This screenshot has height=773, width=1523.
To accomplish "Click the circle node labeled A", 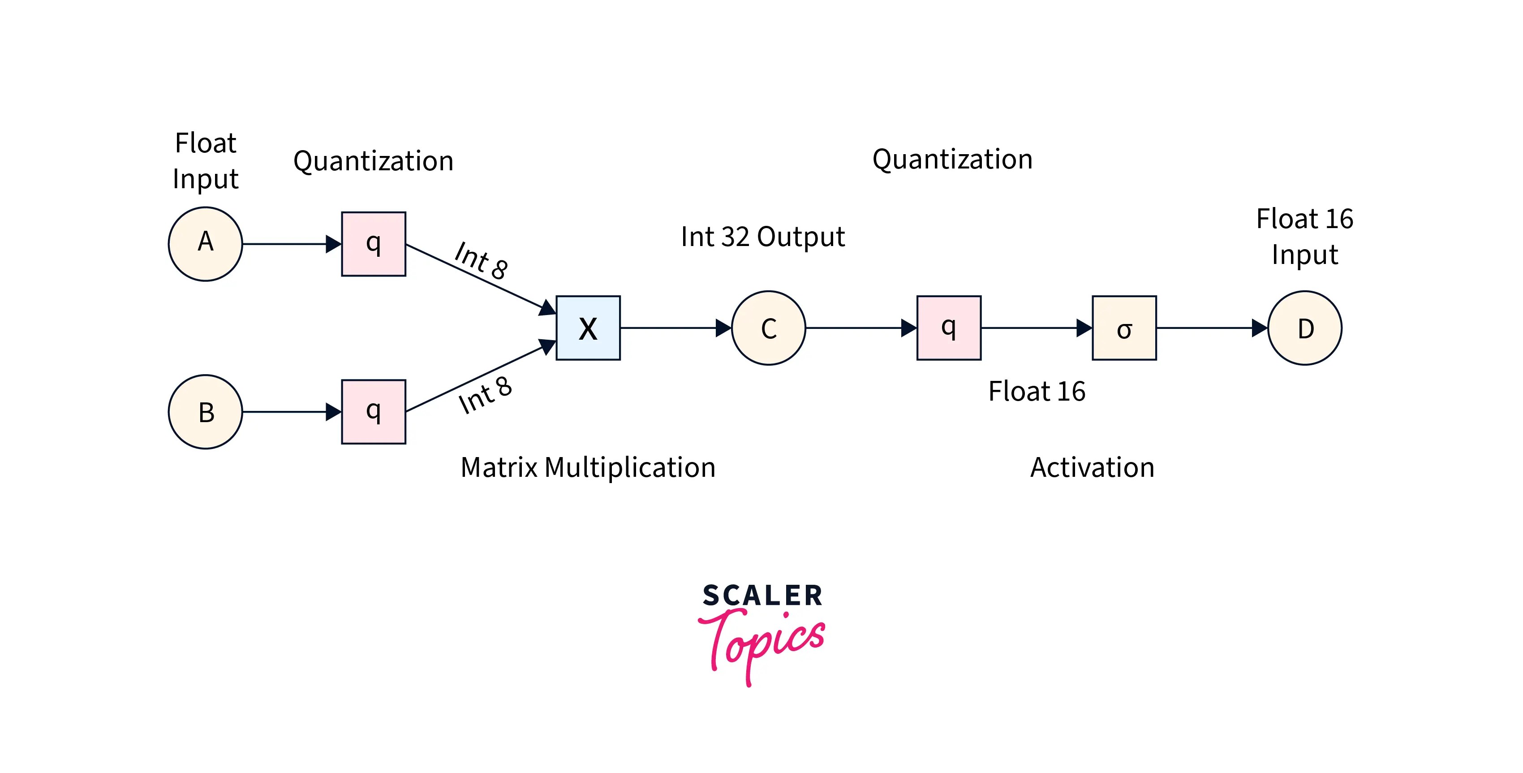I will pyautogui.click(x=205, y=244).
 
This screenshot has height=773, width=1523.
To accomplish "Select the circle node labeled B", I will pyautogui.click(x=205, y=412).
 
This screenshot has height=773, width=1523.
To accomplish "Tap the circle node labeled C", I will pyautogui.click(x=768, y=328).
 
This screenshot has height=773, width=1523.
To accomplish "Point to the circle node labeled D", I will pyautogui.click(x=1305, y=328).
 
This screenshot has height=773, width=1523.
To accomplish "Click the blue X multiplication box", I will pyautogui.click(x=588, y=328).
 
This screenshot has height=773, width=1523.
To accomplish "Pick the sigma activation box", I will pyautogui.click(x=1124, y=328).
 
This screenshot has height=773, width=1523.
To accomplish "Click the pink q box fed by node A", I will pyautogui.click(x=373, y=244).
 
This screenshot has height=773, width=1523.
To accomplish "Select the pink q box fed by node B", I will pyautogui.click(x=373, y=412).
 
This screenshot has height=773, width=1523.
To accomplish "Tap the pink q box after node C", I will pyautogui.click(x=948, y=328).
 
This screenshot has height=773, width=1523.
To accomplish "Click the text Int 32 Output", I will pyautogui.click(x=763, y=237).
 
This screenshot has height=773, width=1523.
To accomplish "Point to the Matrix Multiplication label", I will pyautogui.click(x=588, y=467).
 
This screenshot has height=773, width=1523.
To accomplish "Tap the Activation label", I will pyautogui.click(x=1092, y=467).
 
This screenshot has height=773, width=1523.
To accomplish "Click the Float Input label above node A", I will pyautogui.click(x=205, y=161).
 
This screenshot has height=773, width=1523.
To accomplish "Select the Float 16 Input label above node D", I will pyautogui.click(x=1305, y=237).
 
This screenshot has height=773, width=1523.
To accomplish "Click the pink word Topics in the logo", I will pyautogui.click(x=763, y=642).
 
